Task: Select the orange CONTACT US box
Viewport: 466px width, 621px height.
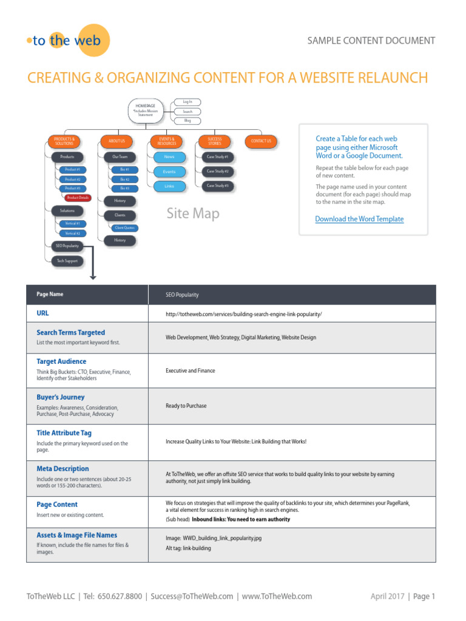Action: [x=261, y=141]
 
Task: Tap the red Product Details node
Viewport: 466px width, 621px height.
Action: [x=78, y=198]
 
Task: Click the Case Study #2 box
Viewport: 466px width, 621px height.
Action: [x=217, y=172]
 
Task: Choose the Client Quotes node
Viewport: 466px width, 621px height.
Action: [x=124, y=228]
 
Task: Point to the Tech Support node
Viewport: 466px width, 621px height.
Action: [x=67, y=261]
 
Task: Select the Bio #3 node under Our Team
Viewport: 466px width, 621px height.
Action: [x=124, y=189]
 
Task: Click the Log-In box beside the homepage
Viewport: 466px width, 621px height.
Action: [x=187, y=102]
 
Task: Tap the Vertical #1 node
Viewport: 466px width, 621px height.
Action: [x=72, y=224]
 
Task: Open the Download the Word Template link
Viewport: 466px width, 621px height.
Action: [x=359, y=219]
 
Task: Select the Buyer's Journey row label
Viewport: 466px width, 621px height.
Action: [x=61, y=397]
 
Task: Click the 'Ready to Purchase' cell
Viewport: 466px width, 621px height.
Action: [x=186, y=406]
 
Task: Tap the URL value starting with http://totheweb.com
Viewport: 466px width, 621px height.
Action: [x=243, y=314]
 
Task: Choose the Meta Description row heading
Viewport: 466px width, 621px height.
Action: [x=62, y=469]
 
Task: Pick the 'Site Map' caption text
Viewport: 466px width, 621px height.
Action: [x=193, y=213]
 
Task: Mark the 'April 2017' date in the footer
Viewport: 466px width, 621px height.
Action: [x=387, y=596]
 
